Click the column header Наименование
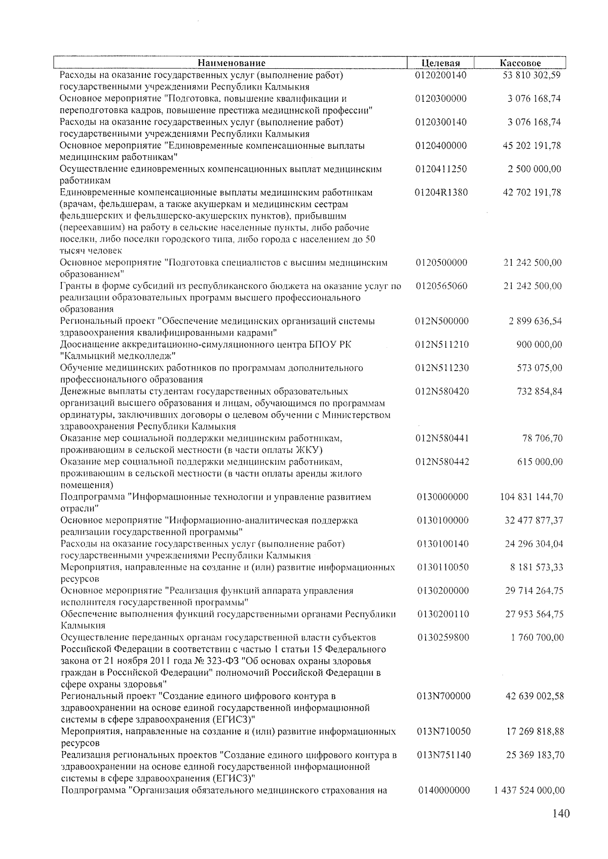231,63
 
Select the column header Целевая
440,63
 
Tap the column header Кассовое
520,63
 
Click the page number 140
561,814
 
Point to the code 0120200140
440,75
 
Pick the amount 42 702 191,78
531,192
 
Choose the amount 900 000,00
539,345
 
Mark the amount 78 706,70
542,438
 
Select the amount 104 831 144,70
531,497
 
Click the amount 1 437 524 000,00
528,791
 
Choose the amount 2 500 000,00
535,169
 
